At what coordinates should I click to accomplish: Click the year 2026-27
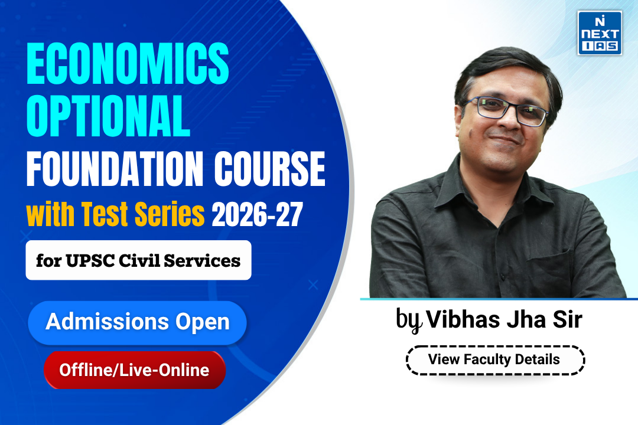coord(257,216)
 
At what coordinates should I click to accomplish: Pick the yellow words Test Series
coord(142,216)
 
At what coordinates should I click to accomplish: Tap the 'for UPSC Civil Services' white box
coord(138,260)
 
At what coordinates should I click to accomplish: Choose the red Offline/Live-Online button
coord(134,370)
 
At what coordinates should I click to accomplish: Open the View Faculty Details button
coord(494,359)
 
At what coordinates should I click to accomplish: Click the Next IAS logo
coord(599,33)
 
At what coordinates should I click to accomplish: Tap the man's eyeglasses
coord(505,110)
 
